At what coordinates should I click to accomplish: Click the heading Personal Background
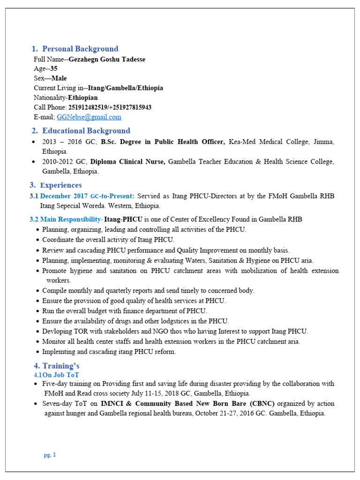pyautogui.click(x=80, y=49)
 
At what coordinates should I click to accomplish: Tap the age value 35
pyautogui.click(x=54, y=68)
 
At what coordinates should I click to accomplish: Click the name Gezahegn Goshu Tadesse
pyautogui.click(x=107, y=59)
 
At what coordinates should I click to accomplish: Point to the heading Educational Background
pyautogui.click(x=86, y=131)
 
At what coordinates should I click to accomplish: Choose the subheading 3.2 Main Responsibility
pyautogui.click(x=66, y=219)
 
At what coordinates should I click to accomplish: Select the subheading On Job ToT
pyautogui.click(x=61, y=375)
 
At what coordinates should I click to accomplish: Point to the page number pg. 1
pyautogui.click(x=50, y=455)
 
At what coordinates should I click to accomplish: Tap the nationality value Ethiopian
pyautogui.click(x=83, y=97)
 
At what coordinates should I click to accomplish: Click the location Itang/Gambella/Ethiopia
pyautogui.click(x=126, y=88)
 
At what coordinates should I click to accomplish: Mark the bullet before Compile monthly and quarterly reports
pyautogui.click(x=37, y=291)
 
